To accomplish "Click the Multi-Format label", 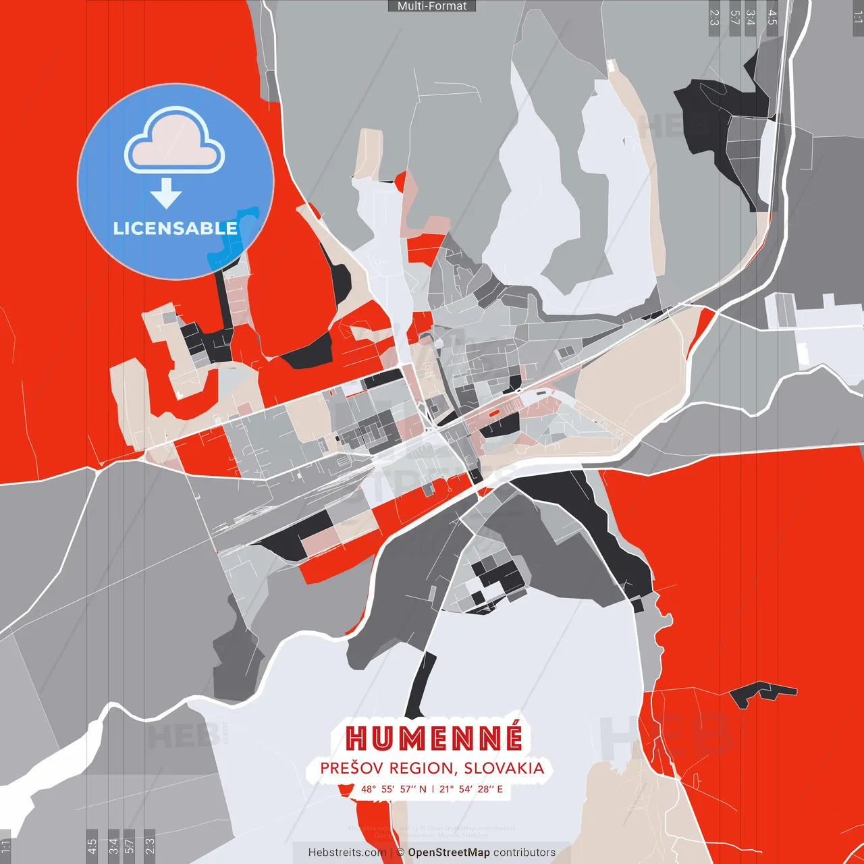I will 432,6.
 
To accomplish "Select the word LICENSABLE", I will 175,228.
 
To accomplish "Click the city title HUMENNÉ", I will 434,738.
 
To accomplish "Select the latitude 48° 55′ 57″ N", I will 394,789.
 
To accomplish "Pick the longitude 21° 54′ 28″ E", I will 471,789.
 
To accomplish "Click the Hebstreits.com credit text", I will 347,853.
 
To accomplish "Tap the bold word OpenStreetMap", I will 449,853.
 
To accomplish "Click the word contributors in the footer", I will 524,853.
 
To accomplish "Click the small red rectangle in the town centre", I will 494,412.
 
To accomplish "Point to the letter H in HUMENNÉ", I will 358,738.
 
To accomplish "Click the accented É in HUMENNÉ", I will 511,737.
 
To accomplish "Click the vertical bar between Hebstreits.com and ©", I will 391,853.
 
